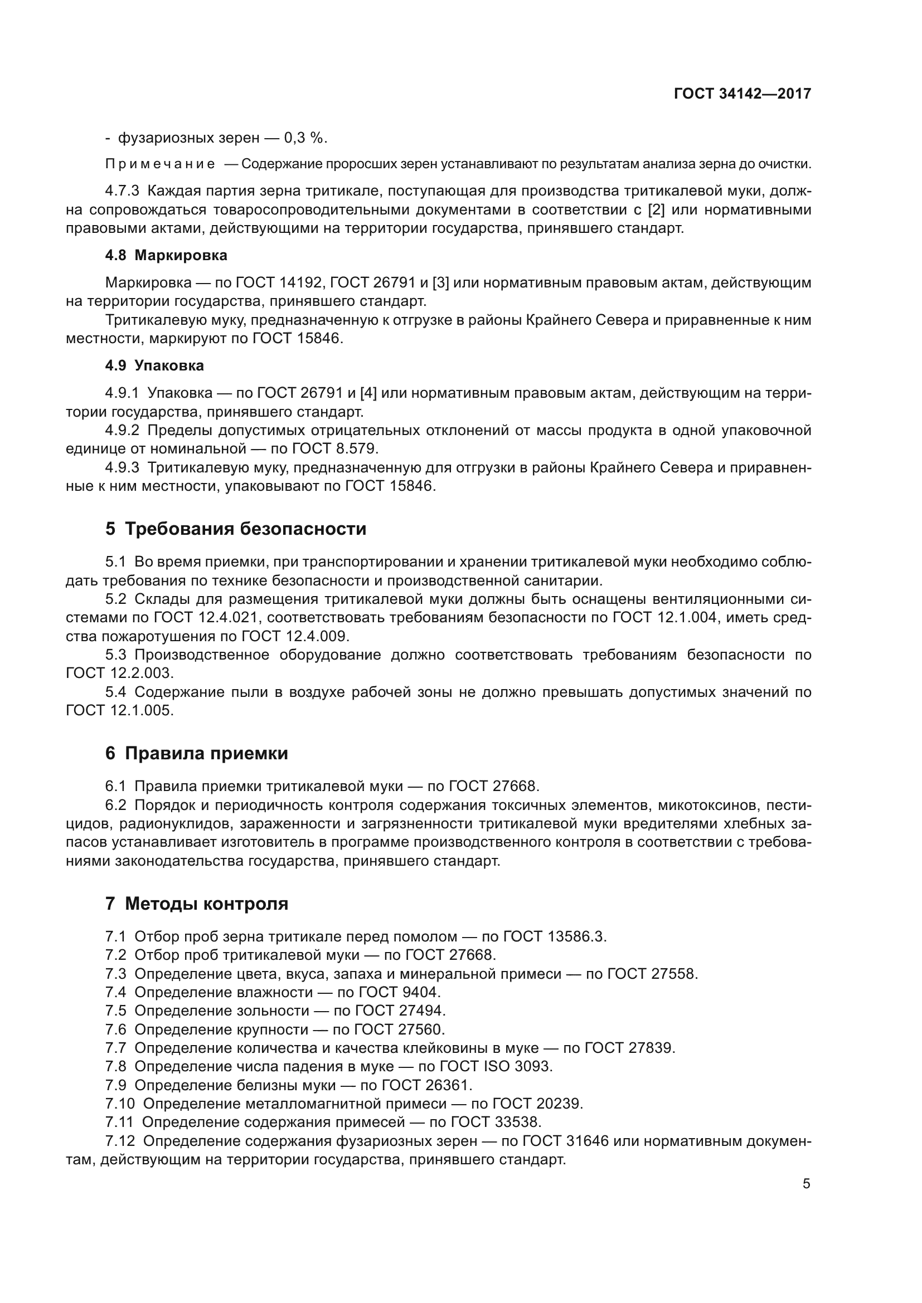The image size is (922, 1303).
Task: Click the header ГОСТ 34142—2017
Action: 742,94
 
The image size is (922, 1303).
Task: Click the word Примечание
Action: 160,164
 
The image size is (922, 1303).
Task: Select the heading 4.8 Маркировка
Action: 166,255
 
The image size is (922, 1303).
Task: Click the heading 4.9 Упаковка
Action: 154,365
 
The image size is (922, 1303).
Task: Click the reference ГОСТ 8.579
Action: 334,449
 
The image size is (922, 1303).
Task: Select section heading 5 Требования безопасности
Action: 236,529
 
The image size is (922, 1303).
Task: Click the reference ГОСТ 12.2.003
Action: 119,673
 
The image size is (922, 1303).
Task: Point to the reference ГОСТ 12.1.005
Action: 119,710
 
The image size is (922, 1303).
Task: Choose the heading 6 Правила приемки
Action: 196,754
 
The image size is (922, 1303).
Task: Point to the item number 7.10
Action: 120,1104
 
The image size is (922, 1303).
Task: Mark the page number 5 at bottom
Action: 806,1184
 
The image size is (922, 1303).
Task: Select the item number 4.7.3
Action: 122,191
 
